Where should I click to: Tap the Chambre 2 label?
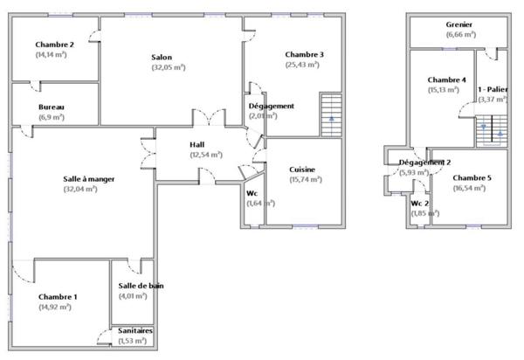click(x=54, y=45)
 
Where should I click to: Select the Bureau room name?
click(x=51, y=107)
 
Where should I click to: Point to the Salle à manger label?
click(x=89, y=178)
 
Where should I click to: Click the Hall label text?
click(x=197, y=144)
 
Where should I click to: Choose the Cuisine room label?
click(x=303, y=170)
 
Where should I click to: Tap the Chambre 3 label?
click(x=304, y=55)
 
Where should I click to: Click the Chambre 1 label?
click(x=58, y=297)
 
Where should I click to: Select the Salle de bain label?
click(x=141, y=286)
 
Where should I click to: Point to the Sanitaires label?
click(x=135, y=332)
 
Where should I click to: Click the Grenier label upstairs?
click(x=459, y=25)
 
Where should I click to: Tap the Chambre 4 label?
click(x=444, y=80)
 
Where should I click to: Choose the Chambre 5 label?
click(x=472, y=177)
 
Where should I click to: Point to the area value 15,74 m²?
click(x=303, y=179)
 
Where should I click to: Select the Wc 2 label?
click(x=421, y=204)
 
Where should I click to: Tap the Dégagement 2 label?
click(x=424, y=163)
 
